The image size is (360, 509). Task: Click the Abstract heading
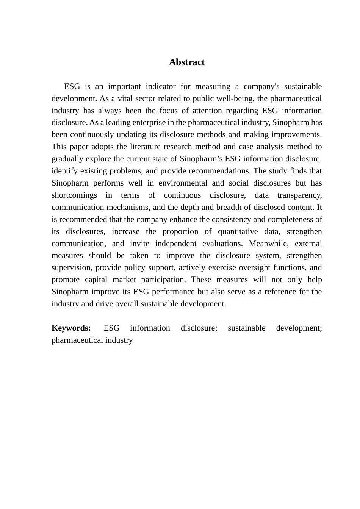(x=186, y=62)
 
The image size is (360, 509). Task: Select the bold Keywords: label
(x=71, y=328)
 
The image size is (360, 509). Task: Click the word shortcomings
(x=74, y=195)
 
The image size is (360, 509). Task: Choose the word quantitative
(x=238, y=231)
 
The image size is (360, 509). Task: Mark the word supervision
(x=71, y=267)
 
